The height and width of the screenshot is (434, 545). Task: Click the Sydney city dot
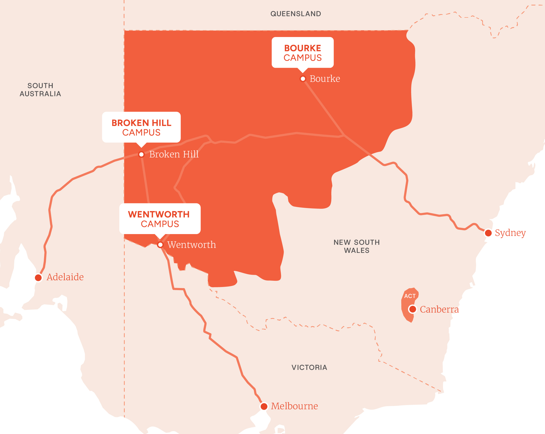(x=488, y=233)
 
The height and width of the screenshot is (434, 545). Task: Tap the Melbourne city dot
(x=264, y=406)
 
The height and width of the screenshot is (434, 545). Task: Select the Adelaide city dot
(x=38, y=278)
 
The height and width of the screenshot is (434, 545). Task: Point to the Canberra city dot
(x=413, y=309)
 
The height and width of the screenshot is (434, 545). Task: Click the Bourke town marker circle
(x=303, y=79)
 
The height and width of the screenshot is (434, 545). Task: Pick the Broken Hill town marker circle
(x=141, y=155)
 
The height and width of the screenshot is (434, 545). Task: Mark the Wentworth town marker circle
(x=160, y=245)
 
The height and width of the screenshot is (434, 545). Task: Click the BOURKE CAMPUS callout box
(x=303, y=53)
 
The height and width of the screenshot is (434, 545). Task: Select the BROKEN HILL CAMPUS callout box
(x=141, y=127)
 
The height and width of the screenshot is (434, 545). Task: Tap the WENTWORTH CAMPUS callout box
(x=160, y=219)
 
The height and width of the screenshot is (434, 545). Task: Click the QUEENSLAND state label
(x=296, y=14)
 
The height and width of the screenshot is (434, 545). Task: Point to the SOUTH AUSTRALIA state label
(x=40, y=90)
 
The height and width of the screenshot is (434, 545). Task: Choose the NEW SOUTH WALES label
(x=357, y=246)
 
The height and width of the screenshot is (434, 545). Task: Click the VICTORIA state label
(x=309, y=368)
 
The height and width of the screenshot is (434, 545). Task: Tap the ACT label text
(x=410, y=296)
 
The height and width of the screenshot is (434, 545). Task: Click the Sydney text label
(x=510, y=233)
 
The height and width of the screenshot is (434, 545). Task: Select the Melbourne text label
(x=294, y=406)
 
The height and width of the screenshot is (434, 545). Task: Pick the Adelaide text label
(x=65, y=277)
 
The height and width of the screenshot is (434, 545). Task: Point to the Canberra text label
(x=439, y=309)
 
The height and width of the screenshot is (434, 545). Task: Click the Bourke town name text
(x=325, y=79)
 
